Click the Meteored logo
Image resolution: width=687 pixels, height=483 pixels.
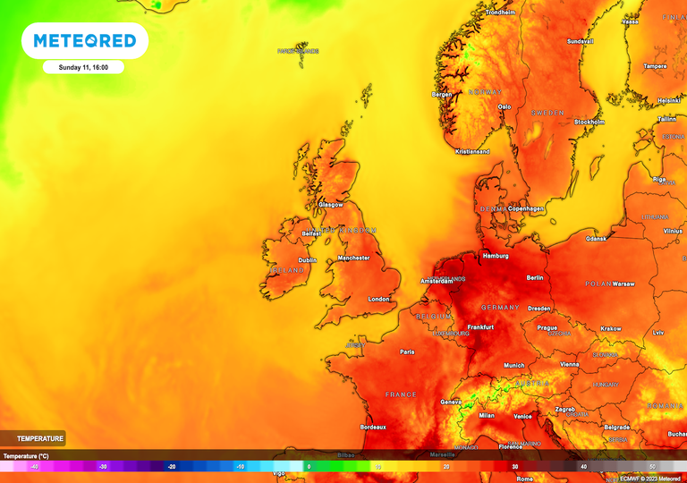coord(85,41)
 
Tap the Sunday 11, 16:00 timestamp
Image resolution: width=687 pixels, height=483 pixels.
coord(83,67)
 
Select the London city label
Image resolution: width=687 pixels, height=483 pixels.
coord(379,300)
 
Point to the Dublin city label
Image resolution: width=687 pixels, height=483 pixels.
coord(307,260)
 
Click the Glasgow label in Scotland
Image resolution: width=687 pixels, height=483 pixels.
coord(331,205)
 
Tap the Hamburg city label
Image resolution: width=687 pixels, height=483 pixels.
coord(495,256)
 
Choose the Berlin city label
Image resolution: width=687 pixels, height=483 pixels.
coord(535,278)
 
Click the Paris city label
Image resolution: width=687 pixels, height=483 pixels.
coord(407,352)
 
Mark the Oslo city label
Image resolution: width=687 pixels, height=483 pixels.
coord(505,106)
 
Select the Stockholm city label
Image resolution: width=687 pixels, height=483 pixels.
coord(589,122)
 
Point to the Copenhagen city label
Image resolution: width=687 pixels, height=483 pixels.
coord(523,208)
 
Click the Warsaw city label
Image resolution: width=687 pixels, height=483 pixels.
coord(623,284)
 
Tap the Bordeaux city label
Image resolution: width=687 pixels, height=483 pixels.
coord(373,428)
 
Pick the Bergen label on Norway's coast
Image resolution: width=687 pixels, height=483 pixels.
coord(442,94)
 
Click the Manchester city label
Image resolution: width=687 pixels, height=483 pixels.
coord(353,258)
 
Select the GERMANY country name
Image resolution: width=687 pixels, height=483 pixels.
coord(500,308)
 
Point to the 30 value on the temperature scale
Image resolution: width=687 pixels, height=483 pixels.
coord(515,467)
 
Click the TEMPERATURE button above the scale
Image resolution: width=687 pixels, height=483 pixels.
coord(34,438)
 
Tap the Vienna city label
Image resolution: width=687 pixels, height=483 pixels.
coord(569,364)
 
